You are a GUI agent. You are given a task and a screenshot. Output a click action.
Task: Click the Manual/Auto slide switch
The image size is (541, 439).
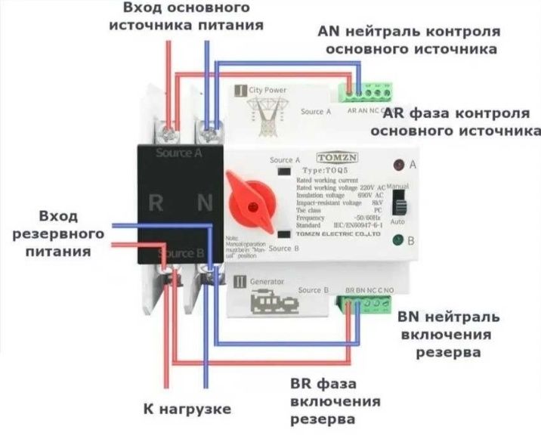403,202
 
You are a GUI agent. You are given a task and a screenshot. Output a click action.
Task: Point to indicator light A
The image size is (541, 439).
397,164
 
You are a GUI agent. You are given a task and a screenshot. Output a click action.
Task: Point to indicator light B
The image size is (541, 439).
397,242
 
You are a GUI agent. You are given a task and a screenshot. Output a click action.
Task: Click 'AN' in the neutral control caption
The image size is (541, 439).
330,32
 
